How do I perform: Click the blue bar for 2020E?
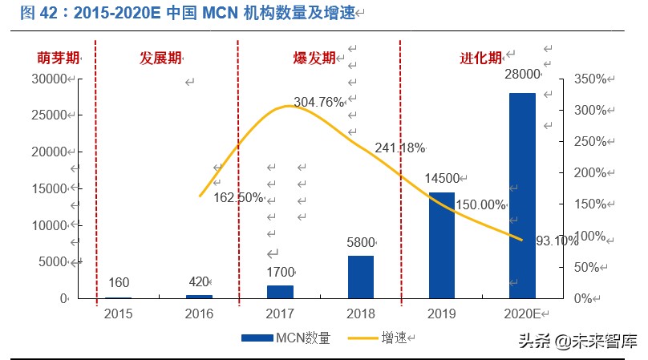tap(522, 195)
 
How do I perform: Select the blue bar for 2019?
tap(441, 245)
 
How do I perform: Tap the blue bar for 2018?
tap(360, 277)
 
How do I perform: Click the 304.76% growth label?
tap(319, 102)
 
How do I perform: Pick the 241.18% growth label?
tap(399, 148)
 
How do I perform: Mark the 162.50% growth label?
tap(238, 198)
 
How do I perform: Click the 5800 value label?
tap(360, 241)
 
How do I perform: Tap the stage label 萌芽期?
tap(59, 58)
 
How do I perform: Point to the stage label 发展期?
tap(160, 58)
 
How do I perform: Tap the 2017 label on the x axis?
tap(280, 313)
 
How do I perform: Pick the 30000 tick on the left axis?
tap(48, 79)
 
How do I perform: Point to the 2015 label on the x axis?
tap(118, 313)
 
